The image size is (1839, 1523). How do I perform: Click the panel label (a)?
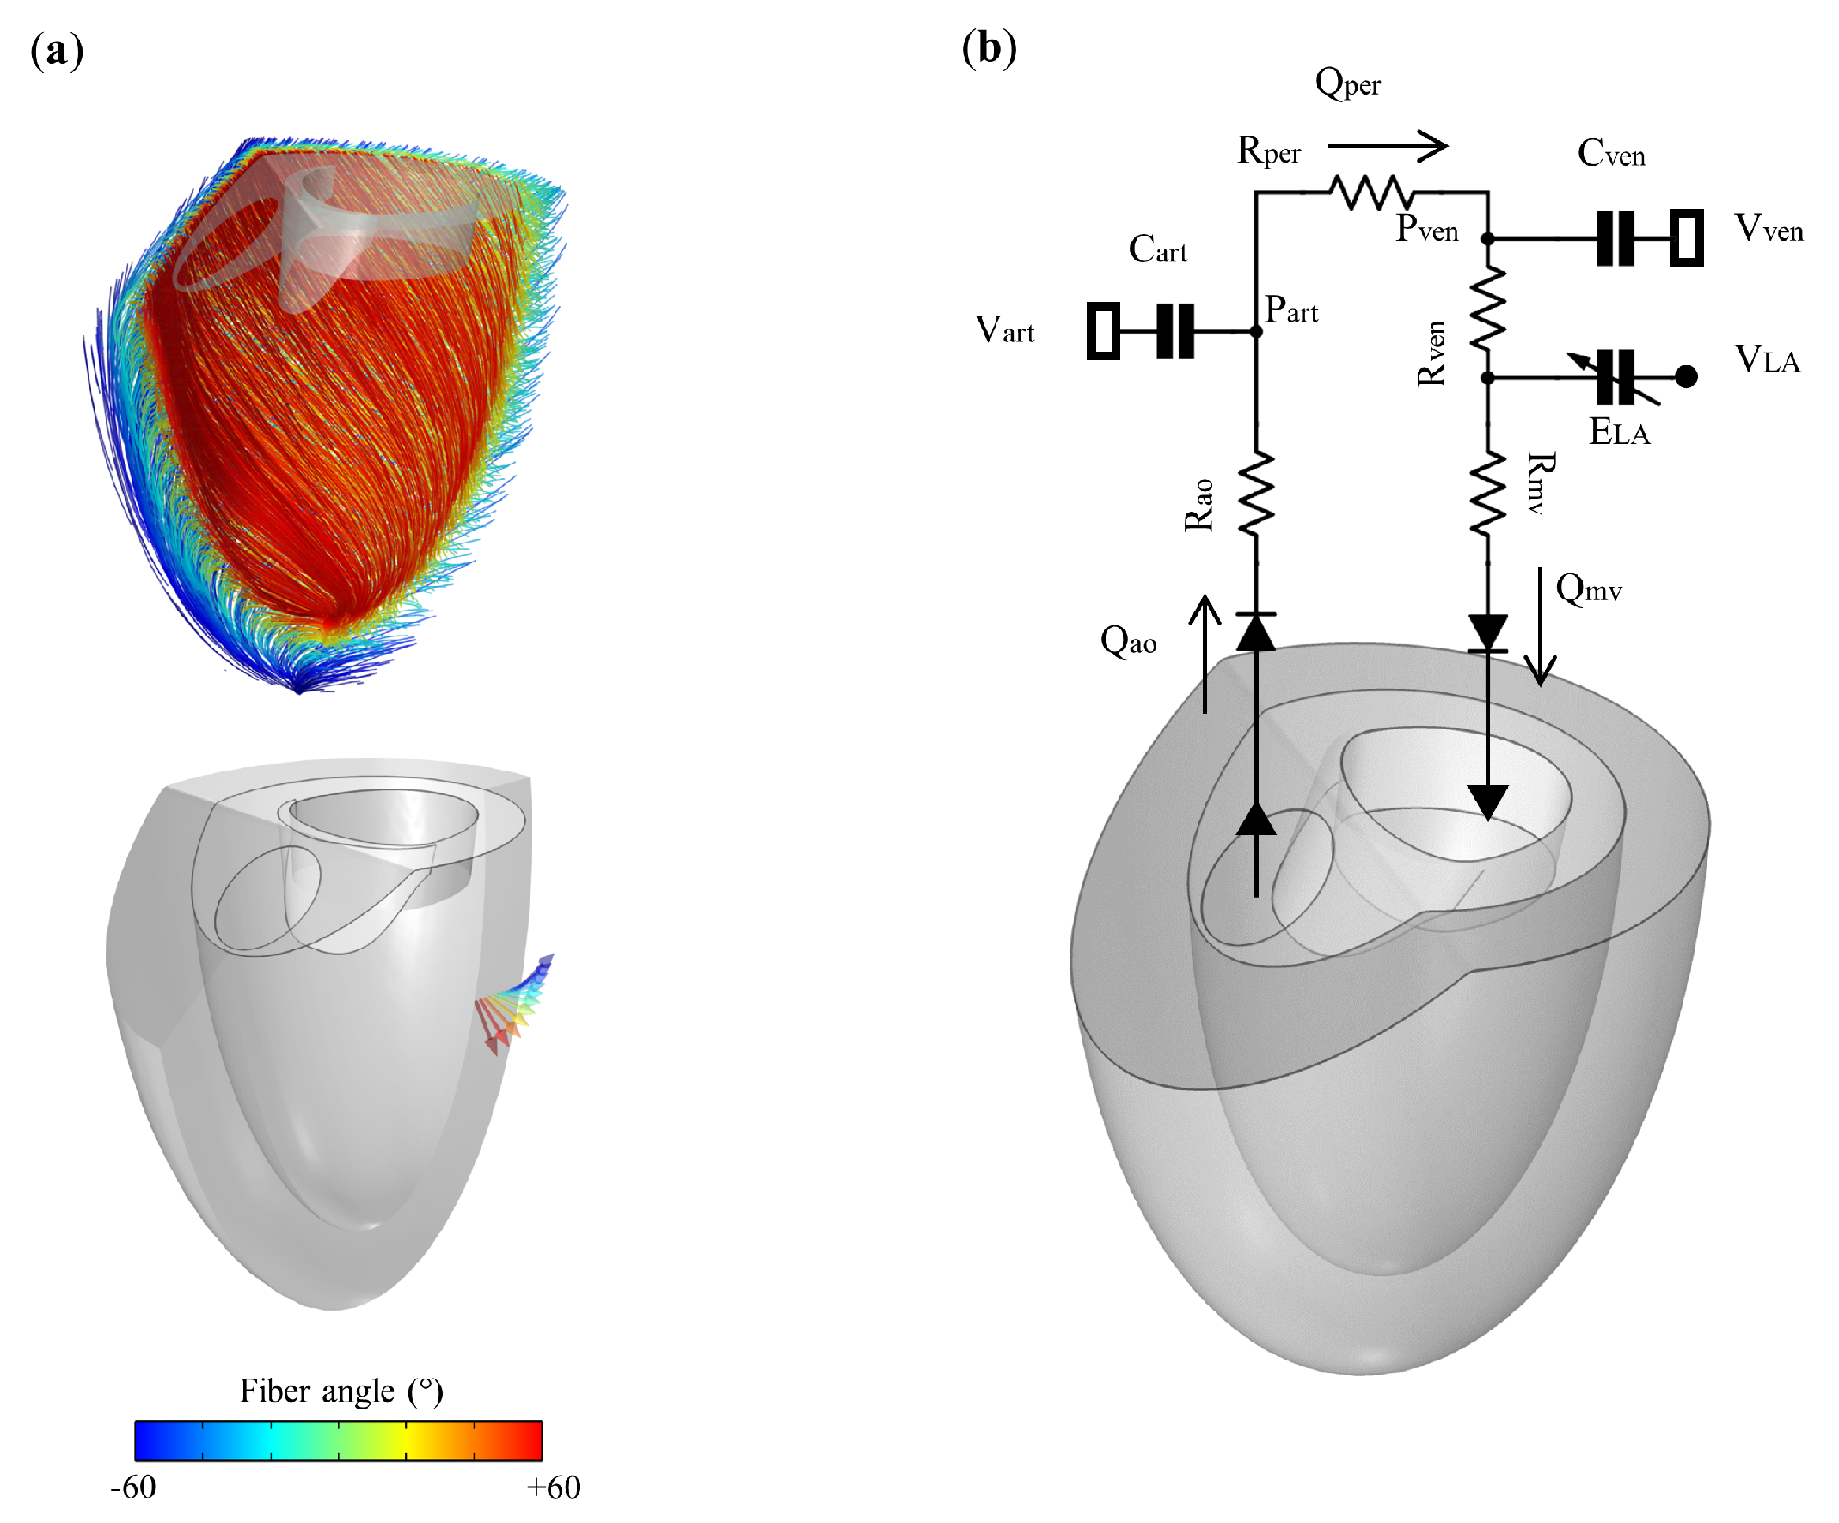click(57, 51)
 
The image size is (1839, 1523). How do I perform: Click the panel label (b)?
click(989, 47)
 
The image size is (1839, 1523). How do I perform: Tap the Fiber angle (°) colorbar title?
click(341, 1391)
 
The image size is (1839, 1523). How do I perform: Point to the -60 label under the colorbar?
click(133, 1487)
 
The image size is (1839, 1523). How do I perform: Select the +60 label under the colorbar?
click(554, 1487)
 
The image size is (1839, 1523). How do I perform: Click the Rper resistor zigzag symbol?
click(1370, 192)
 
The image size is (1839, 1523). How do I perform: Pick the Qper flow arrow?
click(1387, 145)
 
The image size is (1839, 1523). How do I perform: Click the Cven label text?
click(1610, 154)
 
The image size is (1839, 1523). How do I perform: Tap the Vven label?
click(1769, 230)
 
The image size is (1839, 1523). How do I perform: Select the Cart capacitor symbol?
click(1175, 331)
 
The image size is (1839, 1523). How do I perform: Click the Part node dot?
click(1256, 332)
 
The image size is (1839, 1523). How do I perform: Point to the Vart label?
click(1004, 331)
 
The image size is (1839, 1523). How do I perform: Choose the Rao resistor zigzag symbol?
click(1256, 493)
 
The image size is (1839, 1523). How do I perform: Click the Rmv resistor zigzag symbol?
click(1487, 493)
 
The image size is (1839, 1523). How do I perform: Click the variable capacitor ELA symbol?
click(1615, 378)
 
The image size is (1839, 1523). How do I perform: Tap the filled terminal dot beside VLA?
click(1686, 377)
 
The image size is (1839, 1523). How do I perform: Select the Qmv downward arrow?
click(1541, 626)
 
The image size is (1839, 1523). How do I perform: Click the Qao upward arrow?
click(1205, 653)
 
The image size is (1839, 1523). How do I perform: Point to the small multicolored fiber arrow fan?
click(517, 1005)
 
